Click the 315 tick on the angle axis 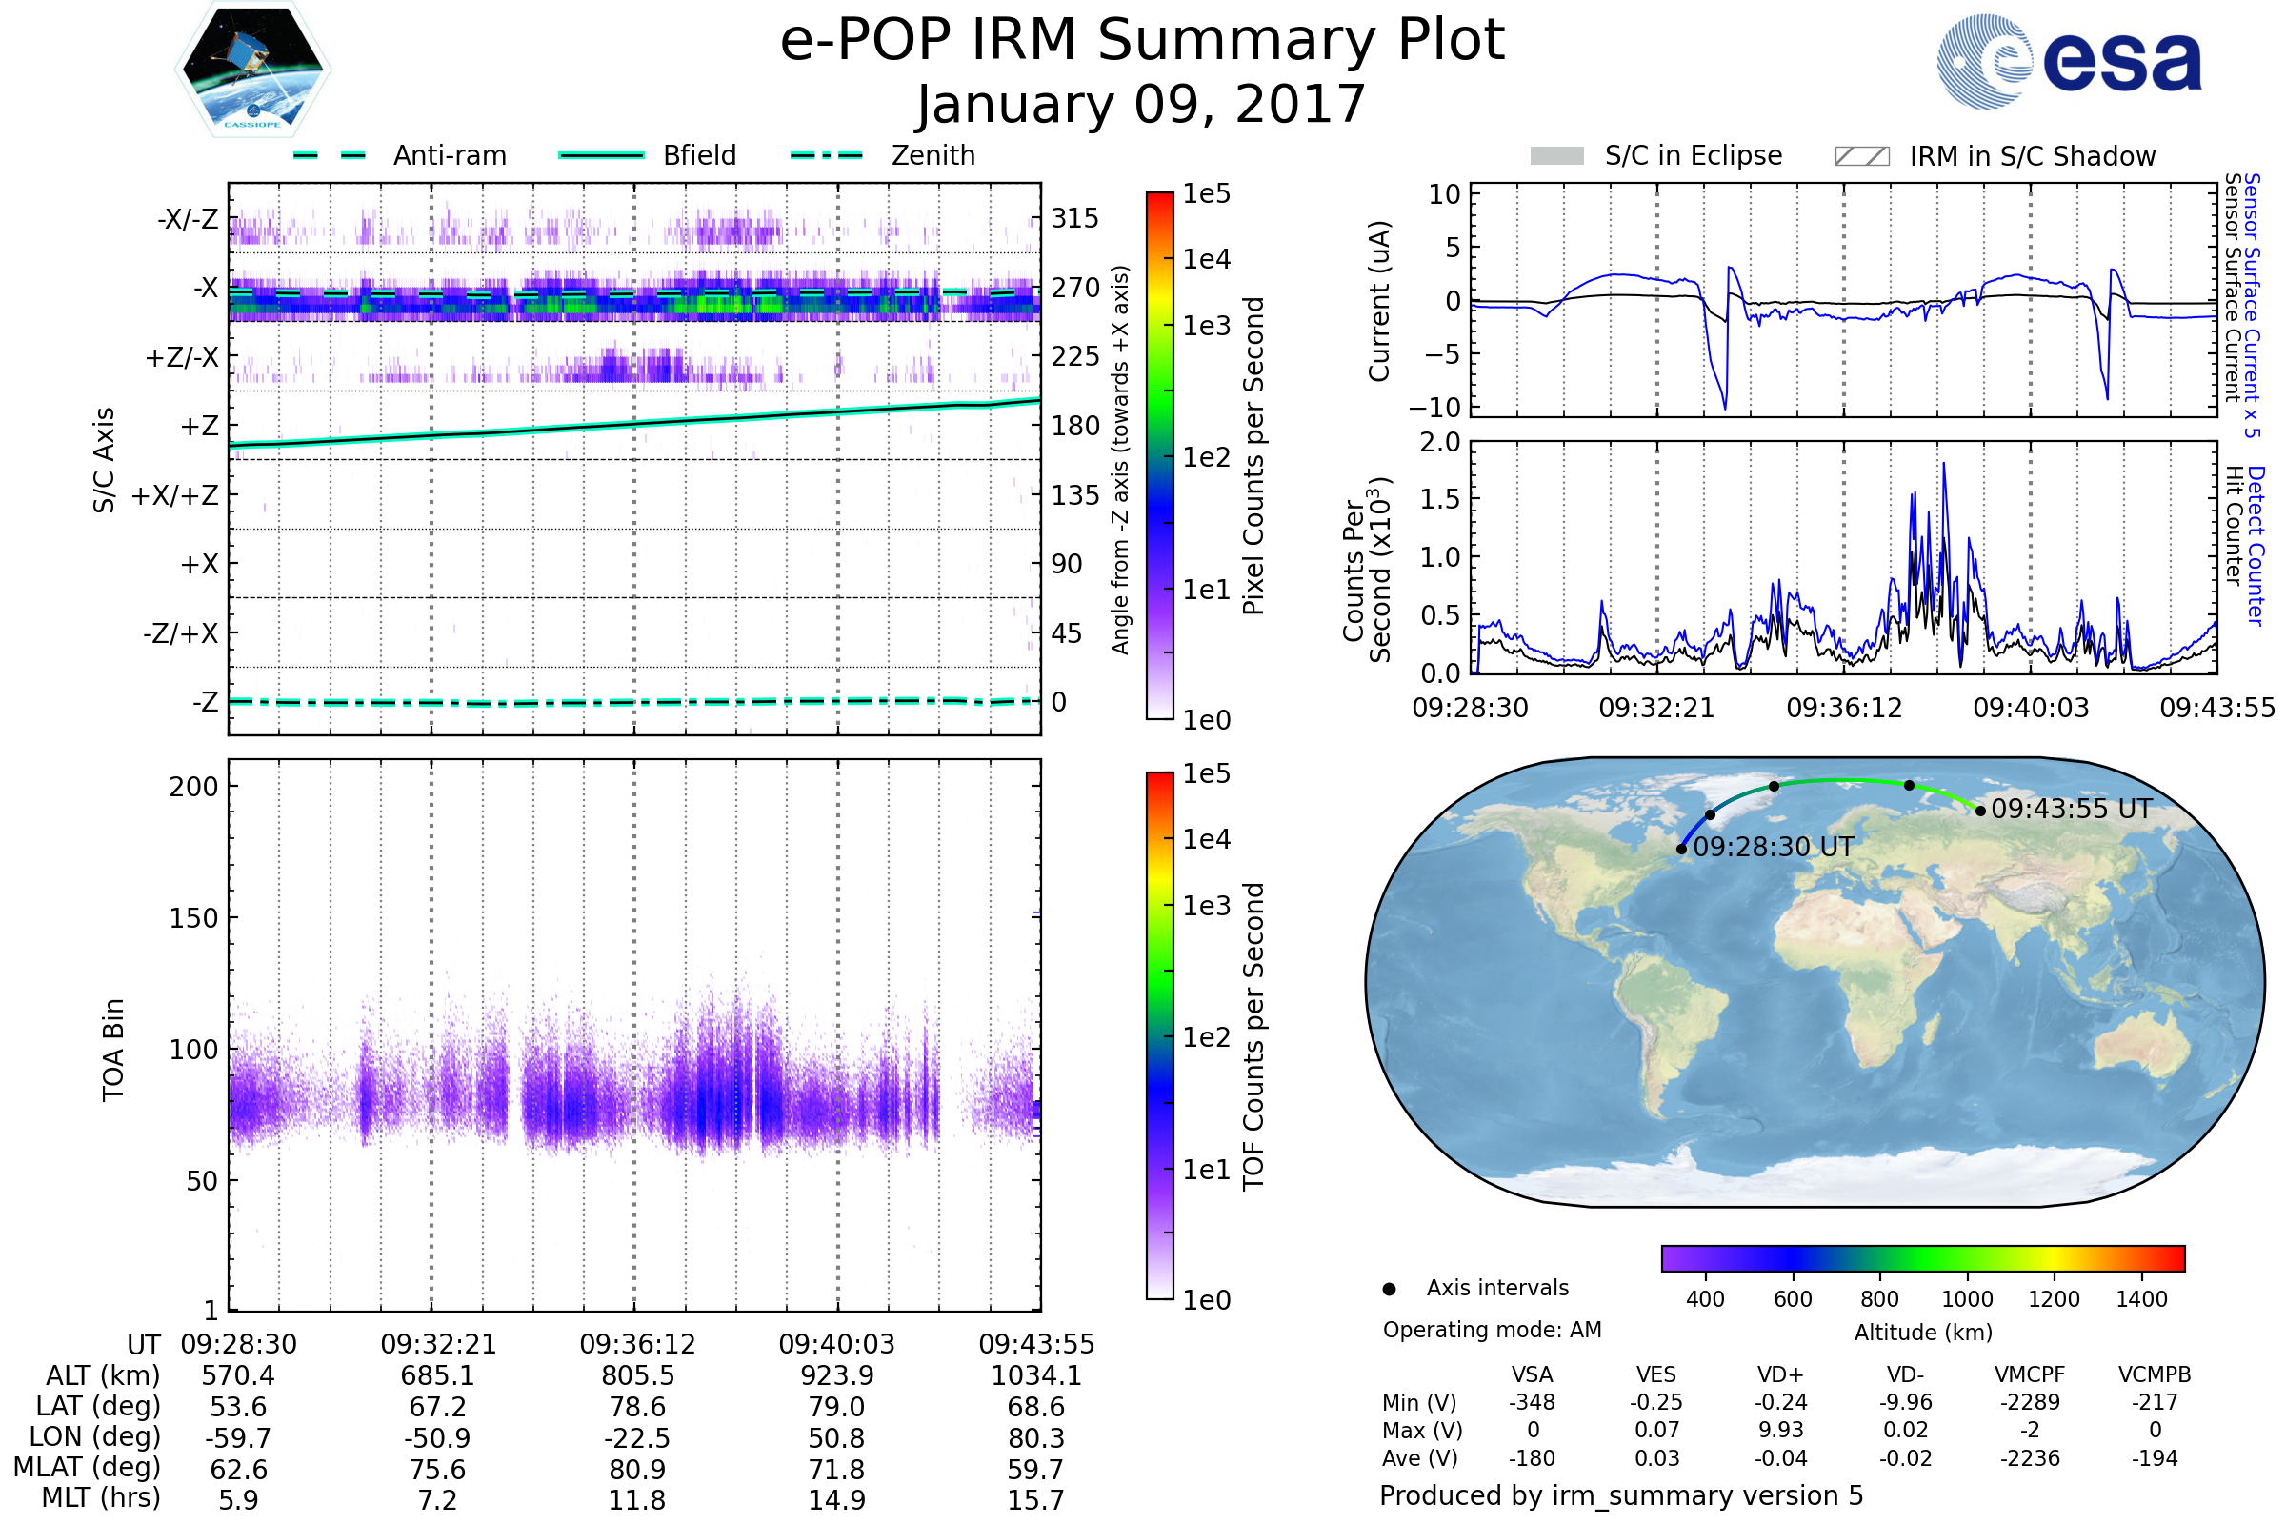1075,218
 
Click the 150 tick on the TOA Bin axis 193,918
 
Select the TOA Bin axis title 112,1050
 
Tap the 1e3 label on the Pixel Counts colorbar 1206,326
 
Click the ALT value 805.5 636,1375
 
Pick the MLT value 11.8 636,1499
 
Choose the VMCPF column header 2030,1374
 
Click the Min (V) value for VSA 1532,1402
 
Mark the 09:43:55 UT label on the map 2070,809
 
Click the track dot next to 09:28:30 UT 1681,850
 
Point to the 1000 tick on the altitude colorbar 1966,1299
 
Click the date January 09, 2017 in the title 1142,104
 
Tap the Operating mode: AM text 1492,1330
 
